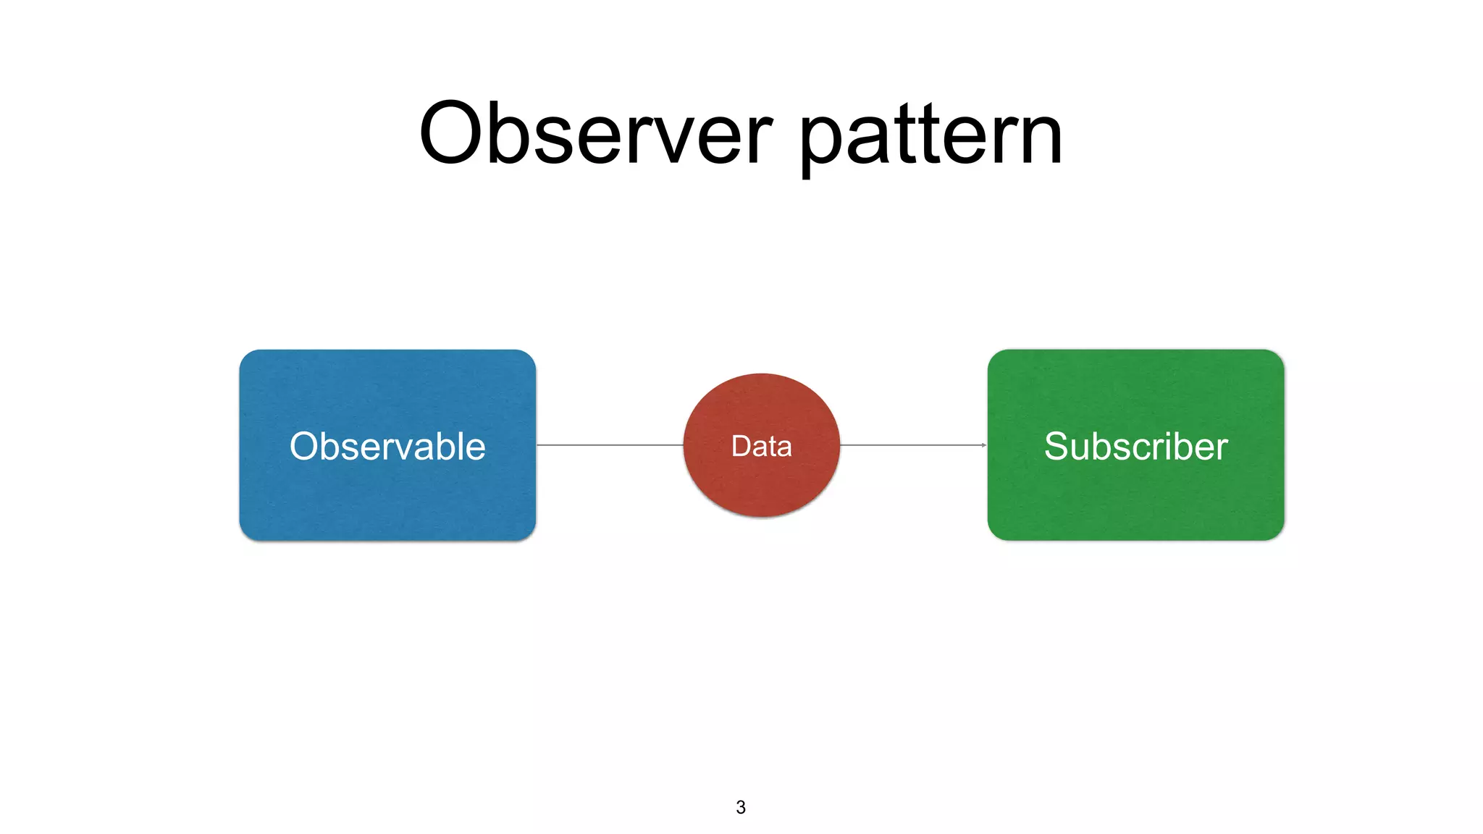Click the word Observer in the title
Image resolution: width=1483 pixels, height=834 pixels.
[595, 135]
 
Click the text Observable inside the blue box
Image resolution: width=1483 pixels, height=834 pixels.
[387, 446]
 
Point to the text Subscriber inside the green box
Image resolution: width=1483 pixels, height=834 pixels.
[1135, 446]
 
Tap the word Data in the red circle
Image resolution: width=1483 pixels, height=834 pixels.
[761, 446]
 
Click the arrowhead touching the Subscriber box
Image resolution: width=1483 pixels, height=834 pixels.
[983, 445]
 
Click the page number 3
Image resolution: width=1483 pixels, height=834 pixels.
[740, 807]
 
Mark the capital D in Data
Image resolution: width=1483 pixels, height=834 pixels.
[741, 446]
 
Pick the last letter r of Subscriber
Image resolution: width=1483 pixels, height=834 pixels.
[1222, 449]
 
